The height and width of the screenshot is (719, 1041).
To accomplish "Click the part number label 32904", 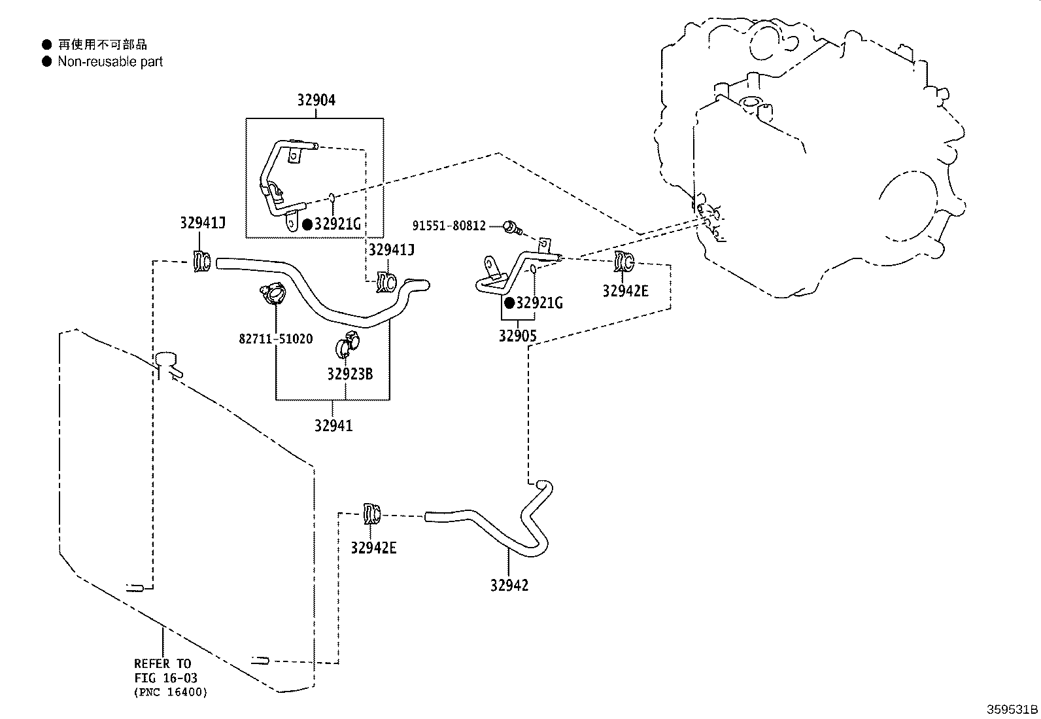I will tap(316, 100).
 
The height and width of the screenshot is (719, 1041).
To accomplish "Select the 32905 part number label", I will tap(517, 336).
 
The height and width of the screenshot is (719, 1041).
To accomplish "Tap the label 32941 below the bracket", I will tap(333, 426).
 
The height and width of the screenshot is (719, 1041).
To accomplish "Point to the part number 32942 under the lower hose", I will tap(509, 586).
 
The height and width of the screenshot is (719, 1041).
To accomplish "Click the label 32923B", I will tap(350, 374).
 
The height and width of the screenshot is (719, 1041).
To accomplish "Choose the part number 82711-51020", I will tap(275, 339).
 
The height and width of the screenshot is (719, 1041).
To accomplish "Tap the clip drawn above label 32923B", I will tap(349, 344).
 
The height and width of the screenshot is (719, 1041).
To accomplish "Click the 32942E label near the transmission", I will tap(625, 291).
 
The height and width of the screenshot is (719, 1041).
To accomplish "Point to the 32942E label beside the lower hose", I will tap(373, 548).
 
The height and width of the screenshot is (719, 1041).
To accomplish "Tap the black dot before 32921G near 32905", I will tap(509, 303).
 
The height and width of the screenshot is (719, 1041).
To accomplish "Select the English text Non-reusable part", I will tap(110, 61).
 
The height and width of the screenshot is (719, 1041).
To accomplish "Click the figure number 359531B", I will tap(1012, 709).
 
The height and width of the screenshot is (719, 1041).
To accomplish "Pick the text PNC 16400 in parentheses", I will tap(170, 692).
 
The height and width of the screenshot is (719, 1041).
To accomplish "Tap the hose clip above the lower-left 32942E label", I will tap(371, 514).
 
